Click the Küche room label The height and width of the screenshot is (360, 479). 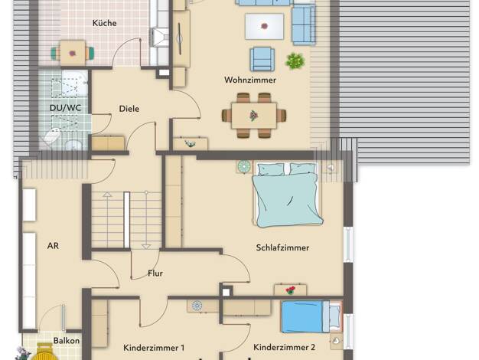pos(105,23)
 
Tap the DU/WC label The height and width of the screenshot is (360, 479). pos(65,108)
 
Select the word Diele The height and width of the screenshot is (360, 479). pos(129,109)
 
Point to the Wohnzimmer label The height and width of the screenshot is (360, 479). pos(250,80)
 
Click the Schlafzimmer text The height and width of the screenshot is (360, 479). pos(282,247)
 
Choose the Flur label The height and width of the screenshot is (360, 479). pos(155,273)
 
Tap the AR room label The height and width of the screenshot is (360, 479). pos(53,246)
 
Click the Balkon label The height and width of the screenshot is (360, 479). pos(67,340)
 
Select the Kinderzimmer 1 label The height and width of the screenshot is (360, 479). pos(154,348)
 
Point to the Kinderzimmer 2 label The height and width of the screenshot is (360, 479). pos(284,347)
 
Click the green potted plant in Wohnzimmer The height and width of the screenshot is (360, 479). pos(295,61)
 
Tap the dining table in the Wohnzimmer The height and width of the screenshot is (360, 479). pos(254,116)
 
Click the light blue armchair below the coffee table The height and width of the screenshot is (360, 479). pos(262,59)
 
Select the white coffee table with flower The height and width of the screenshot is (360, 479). pos(264,27)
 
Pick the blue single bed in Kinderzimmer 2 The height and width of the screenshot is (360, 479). pos(311,316)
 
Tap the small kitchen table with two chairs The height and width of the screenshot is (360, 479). pos(73,53)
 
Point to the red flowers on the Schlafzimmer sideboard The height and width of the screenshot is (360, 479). pos(290,290)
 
